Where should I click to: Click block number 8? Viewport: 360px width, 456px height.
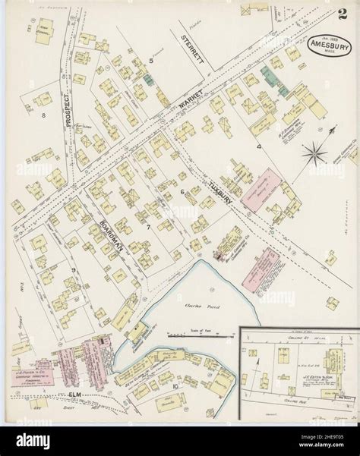pyautogui.click(x=44, y=115)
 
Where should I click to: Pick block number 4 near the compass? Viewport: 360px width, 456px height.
pyautogui.click(x=259, y=144)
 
